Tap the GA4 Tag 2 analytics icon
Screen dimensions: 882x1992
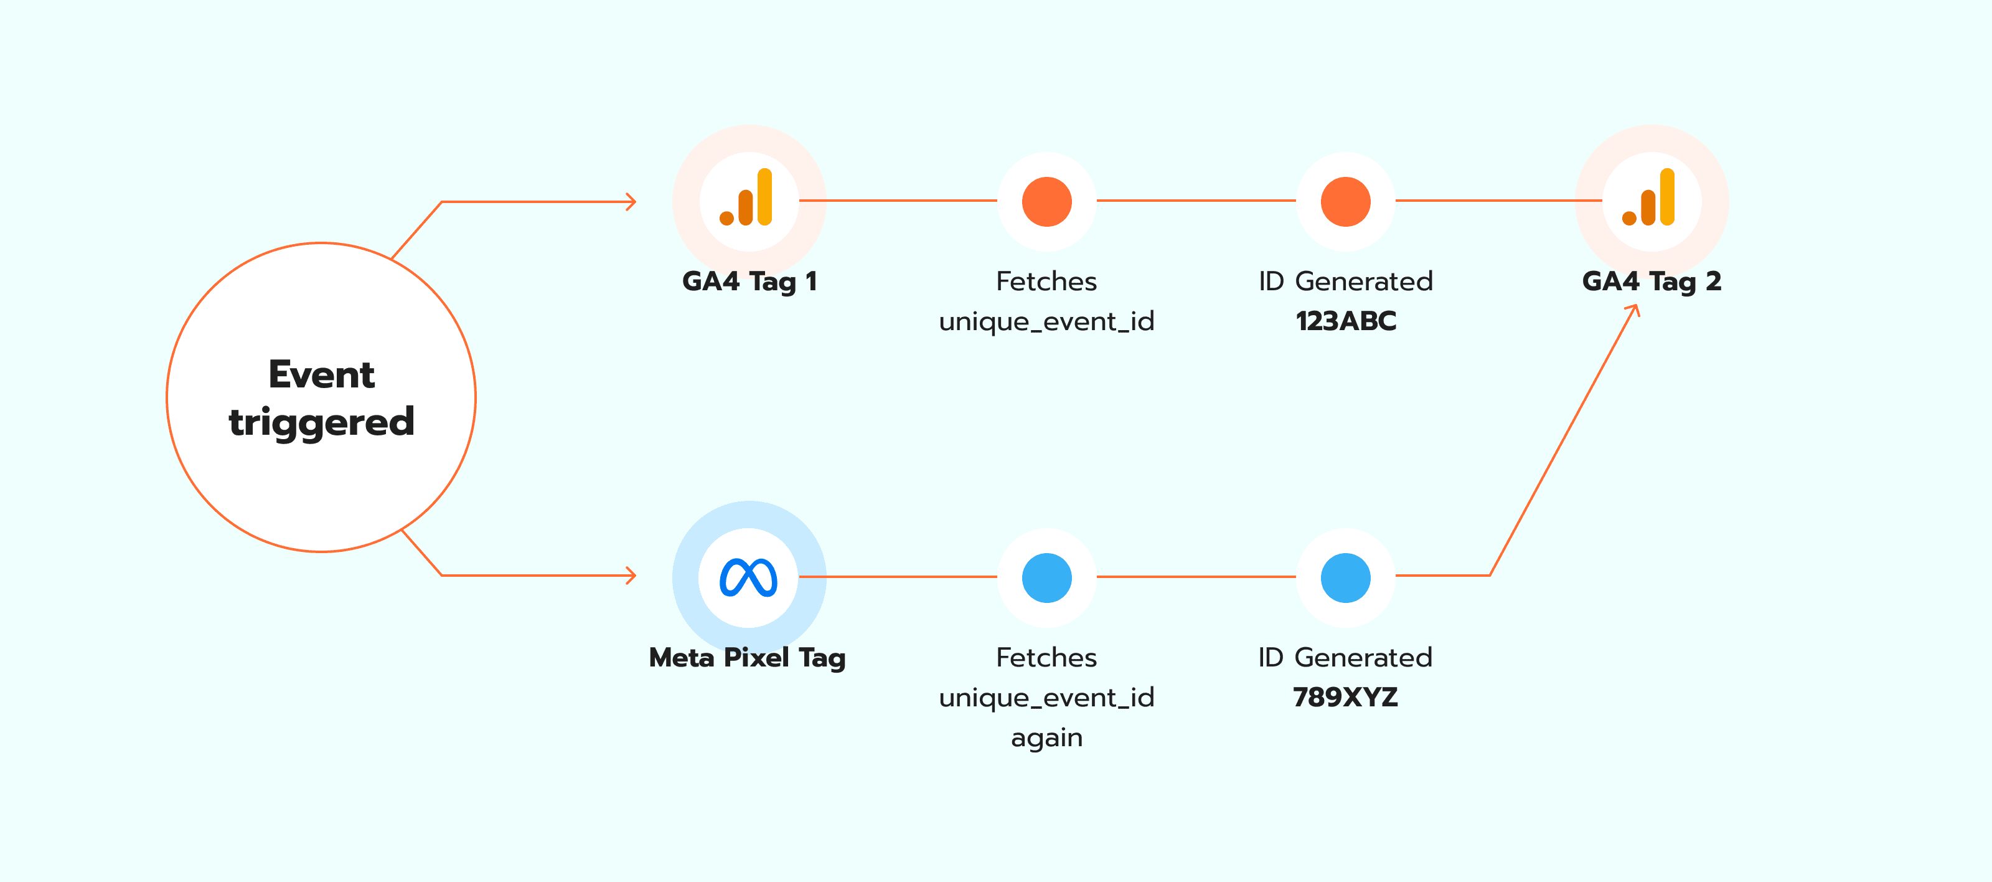[1650, 199]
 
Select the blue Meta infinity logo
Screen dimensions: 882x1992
[748, 577]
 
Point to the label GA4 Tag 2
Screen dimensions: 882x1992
[1651, 281]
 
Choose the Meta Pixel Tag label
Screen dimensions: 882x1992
[747, 658]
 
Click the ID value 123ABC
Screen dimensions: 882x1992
[1345, 321]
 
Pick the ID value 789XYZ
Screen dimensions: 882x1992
[1345, 697]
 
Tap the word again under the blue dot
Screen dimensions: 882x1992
[1046, 737]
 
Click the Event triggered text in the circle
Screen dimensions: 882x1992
[322, 397]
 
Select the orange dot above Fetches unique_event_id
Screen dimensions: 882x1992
[1046, 201]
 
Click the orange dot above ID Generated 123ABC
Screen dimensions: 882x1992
[1345, 201]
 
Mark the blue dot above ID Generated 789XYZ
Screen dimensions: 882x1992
[1345, 577]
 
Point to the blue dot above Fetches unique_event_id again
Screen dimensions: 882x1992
[1046, 577]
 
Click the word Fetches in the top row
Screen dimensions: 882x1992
[1046, 281]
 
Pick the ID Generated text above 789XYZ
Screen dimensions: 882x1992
[1345, 658]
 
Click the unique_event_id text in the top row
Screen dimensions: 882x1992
[1046, 321]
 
